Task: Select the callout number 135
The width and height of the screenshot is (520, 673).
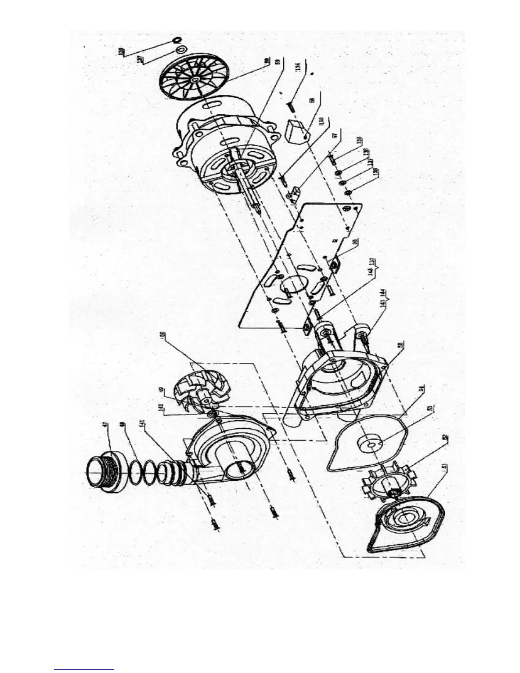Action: (x=359, y=140)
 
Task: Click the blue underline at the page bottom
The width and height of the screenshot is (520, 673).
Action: (x=84, y=669)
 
